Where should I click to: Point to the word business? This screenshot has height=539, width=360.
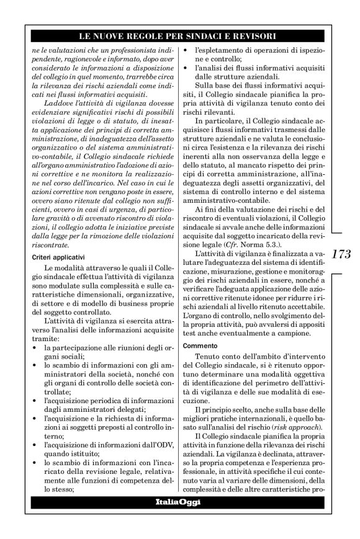pyautogui.click(x=132, y=300)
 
